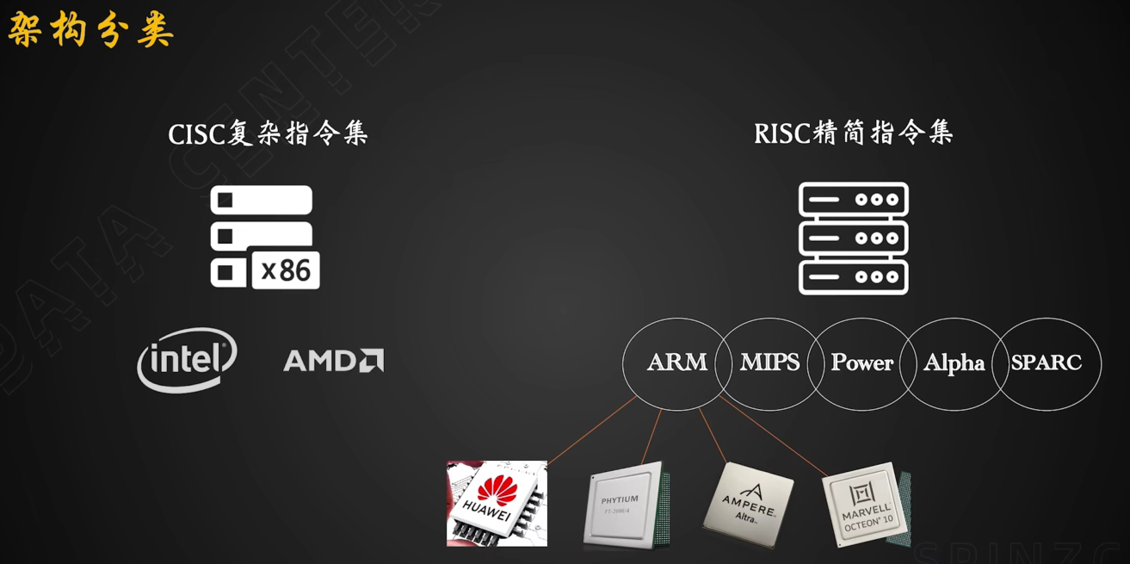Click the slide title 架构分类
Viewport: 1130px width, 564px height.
tap(90, 30)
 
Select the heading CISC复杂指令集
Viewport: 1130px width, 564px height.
tap(268, 133)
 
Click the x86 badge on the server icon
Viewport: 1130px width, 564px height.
tap(286, 270)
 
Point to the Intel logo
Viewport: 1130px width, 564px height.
tap(187, 359)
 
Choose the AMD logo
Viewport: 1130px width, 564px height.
tap(333, 360)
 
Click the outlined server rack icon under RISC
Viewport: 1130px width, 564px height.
tap(853, 238)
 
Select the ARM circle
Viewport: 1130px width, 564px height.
tap(676, 363)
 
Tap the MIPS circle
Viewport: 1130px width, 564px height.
tap(769, 363)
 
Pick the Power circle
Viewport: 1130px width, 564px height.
tap(861, 363)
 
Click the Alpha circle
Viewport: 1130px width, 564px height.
tap(954, 363)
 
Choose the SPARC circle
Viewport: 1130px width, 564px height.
tap(1047, 363)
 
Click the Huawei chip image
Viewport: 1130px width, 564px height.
tap(497, 504)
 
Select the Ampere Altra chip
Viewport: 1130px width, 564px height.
tap(747, 504)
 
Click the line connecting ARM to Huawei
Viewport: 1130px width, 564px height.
tap(592, 431)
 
